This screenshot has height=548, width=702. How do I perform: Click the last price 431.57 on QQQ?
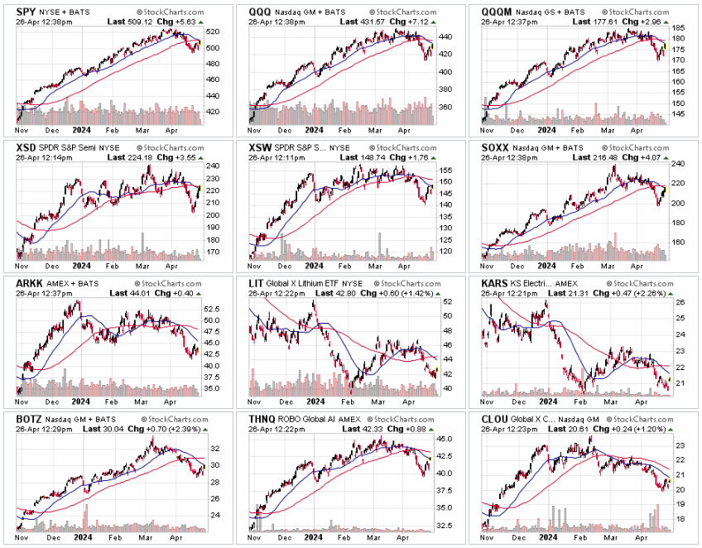coord(393,22)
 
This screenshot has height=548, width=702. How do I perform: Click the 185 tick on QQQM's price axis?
coord(679,28)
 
